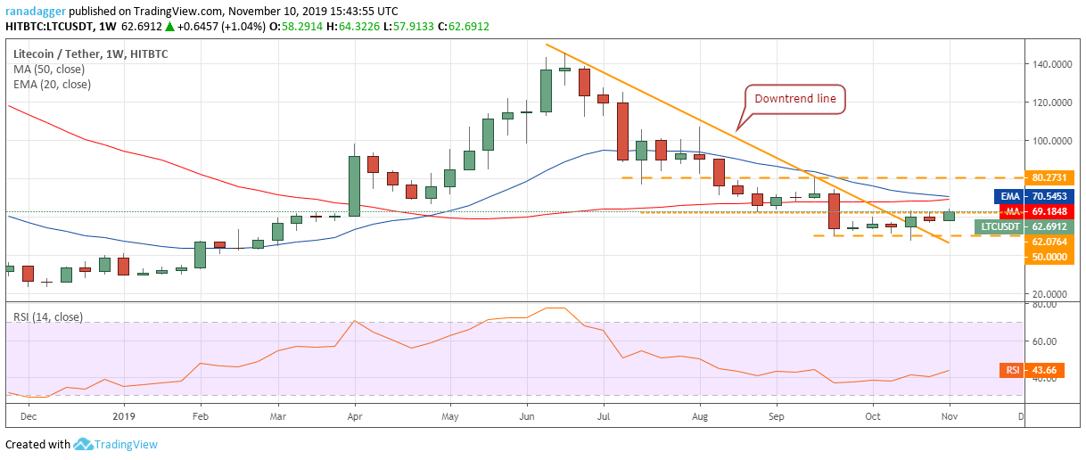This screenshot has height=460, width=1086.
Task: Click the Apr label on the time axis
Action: point(354,415)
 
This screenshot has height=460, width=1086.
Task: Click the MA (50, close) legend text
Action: point(51,69)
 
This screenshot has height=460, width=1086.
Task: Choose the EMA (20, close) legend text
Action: point(52,84)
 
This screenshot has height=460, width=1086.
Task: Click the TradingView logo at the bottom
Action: point(115,444)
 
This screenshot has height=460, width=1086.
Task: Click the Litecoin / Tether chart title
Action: point(90,53)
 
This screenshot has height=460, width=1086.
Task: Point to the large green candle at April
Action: point(354,185)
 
